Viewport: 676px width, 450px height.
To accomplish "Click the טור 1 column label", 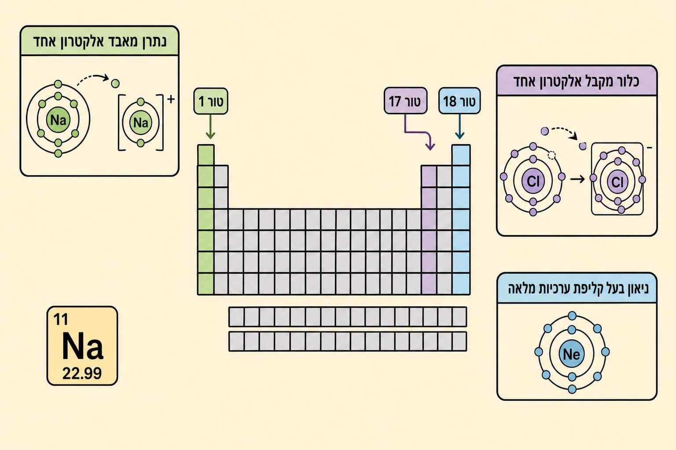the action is [x=211, y=101].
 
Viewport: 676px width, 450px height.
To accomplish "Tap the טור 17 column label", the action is [x=405, y=101].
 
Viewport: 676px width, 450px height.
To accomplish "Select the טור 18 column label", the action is [x=459, y=101].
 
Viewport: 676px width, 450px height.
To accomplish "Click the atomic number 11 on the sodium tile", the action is [x=61, y=319].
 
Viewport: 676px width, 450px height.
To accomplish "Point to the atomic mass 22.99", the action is [x=82, y=373].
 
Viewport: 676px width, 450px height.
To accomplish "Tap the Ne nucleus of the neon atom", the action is [x=572, y=354].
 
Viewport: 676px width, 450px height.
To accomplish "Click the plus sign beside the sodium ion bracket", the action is [x=171, y=99].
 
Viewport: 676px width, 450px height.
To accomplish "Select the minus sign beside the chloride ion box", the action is [x=650, y=148].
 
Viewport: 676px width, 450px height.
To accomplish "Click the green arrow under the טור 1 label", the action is [x=210, y=127].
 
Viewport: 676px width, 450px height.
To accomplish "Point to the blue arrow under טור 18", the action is [x=459, y=127].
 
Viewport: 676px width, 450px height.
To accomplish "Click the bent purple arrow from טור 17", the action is [x=417, y=132].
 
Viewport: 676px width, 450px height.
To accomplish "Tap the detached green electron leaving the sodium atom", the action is [x=115, y=83].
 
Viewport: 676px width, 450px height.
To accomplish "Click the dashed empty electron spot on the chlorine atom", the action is [x=551, y=155].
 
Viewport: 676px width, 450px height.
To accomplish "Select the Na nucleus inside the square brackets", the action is [x=141, y=122].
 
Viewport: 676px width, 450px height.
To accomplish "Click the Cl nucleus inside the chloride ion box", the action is [x=617, y=181].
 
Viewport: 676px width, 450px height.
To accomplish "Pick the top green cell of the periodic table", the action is [x=206, y=155].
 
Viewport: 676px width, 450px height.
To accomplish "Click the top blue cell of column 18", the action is [x=461, y=155].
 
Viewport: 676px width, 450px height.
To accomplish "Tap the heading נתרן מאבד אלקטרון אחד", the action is [x=99, y=41].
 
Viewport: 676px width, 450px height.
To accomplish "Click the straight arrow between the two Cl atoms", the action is [x=577, y=179].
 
